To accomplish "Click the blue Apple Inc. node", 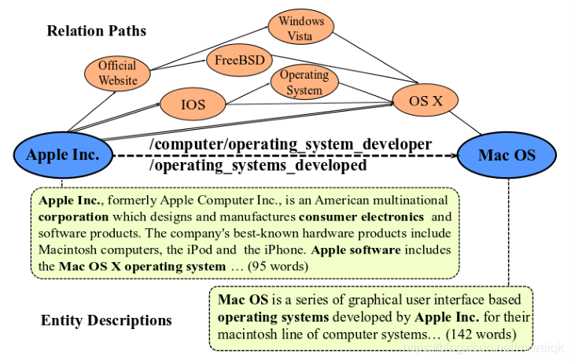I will pyautogui.click(x=63, y=154).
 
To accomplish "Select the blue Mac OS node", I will pyautogui.click(x=507, y=154).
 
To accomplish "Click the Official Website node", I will pyautogui.click(x=117, y=72).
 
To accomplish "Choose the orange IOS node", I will pyautogui.click(x=193, y=103).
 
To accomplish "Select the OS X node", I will pyautogui.click(x=425, y=100).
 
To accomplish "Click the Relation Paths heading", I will pyautogui.click(x=96, y=31).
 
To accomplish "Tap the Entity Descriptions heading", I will pyautogui.click(x=106, y=320).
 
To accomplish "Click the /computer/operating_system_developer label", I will pyautogui.click(x=291, y=144).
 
